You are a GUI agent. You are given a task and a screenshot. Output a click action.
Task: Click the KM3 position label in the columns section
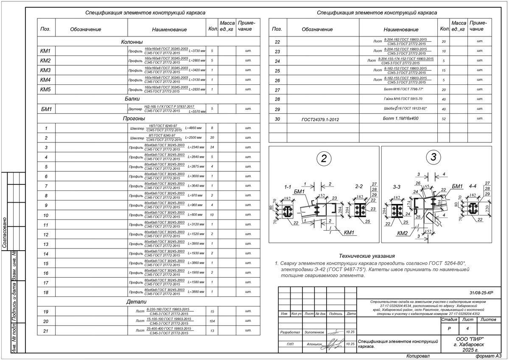45,70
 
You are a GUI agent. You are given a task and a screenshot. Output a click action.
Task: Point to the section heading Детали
137,302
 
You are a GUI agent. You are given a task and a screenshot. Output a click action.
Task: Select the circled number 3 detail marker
433,157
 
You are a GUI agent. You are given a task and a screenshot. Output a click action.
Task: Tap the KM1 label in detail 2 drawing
349,232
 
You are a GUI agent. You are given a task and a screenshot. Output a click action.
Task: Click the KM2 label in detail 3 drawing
403,233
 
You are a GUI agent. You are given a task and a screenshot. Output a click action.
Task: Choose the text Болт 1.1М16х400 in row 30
400,119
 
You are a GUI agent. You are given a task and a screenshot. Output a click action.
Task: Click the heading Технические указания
367,256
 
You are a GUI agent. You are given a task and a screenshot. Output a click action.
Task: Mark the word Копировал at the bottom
418,356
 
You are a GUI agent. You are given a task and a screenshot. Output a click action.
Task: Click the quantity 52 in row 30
444,119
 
